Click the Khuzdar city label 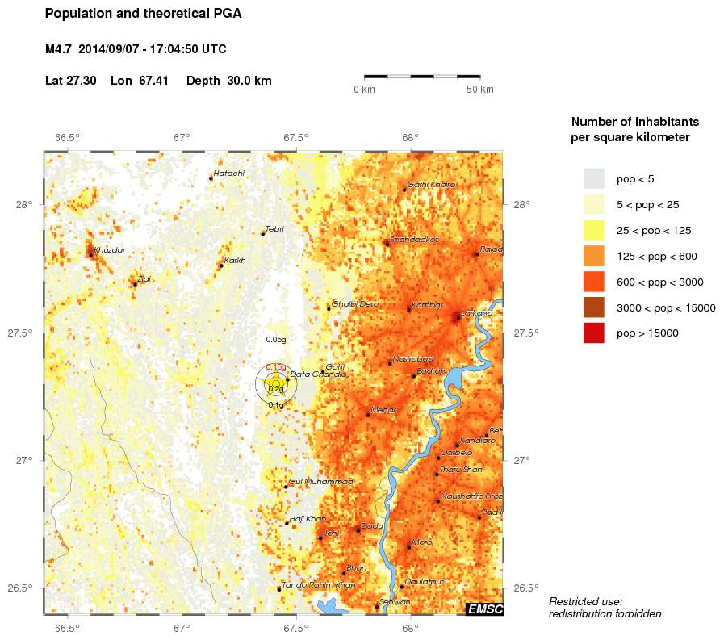(110, 250)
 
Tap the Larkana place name (477, 313)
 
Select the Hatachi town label (229, 174)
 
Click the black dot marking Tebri (263, 234)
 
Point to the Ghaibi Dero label (355, 304)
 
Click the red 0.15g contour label (276, 367)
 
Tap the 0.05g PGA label (276, 340)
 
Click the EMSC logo (484, 609)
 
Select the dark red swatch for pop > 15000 (594, 333)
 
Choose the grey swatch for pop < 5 (594, 178)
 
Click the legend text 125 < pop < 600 (657, 256)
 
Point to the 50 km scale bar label (480, 89)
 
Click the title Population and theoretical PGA (144, 14)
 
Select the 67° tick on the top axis (182, 137)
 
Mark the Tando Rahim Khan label (318, 584)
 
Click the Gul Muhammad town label (321, 481)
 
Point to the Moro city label (422, 542)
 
